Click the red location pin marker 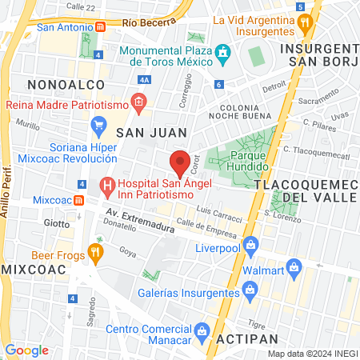point(181,162)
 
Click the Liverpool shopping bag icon point(251,244)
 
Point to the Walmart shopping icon point(294,266)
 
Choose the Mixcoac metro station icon point(78,199)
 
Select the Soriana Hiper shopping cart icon point(99,124)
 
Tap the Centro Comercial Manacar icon point(202,330)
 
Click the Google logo point(26,350)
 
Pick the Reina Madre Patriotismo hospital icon point(138,102)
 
